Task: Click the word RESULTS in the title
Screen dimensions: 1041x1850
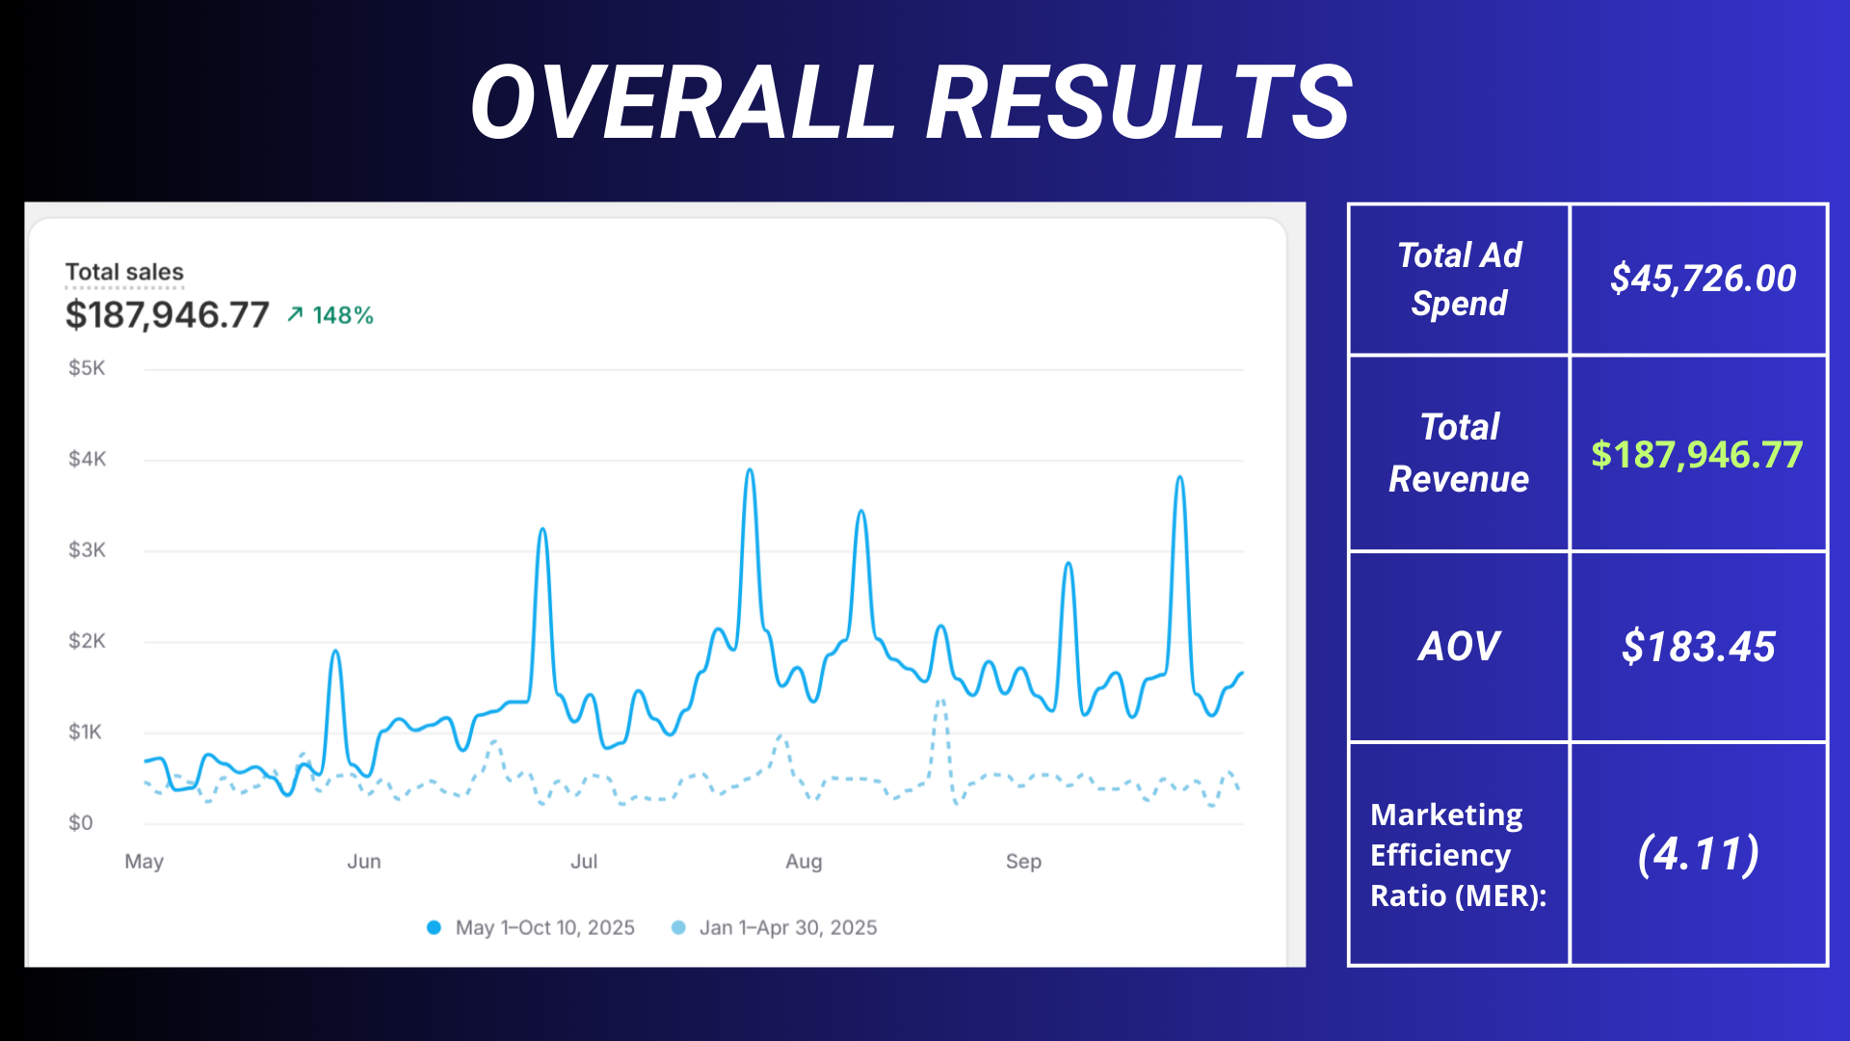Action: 1139,102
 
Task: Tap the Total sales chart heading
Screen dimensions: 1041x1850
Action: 124,272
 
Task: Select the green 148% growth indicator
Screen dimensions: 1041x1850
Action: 330,315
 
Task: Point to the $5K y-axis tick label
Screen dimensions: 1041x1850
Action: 87,368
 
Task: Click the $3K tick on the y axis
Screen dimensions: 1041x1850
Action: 87,550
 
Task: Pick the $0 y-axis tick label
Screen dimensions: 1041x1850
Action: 80,823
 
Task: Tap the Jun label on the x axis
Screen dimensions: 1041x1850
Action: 364,862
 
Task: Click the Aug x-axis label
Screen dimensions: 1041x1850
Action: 804,862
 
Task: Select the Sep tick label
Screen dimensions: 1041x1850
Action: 1023,862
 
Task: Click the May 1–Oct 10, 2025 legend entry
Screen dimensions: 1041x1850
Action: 531,927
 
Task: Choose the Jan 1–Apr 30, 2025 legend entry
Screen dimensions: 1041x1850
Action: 775,927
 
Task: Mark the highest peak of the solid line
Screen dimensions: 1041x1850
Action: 750,471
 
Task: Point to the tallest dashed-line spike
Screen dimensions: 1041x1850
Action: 940,701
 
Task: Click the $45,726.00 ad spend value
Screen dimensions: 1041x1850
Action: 1703,279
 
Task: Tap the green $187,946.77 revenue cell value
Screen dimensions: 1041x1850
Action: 1697,454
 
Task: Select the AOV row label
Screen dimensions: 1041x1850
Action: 1459,646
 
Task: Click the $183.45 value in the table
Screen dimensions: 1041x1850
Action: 1698,646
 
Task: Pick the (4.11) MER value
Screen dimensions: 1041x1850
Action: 1698,854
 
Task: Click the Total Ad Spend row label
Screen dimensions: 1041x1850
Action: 1459,279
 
